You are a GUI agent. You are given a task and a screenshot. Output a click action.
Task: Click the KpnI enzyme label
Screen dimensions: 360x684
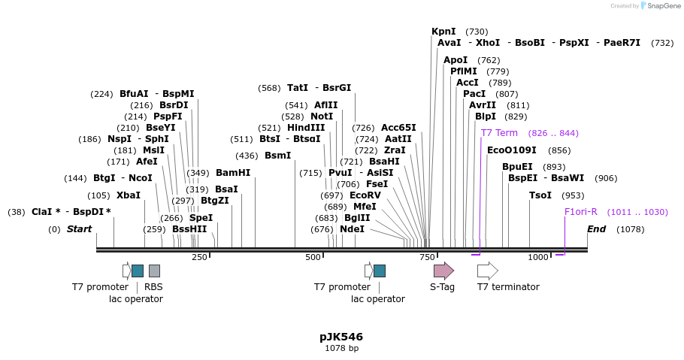click(443, 32)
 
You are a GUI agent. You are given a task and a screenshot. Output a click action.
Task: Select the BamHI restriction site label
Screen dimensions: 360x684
click(233, 173)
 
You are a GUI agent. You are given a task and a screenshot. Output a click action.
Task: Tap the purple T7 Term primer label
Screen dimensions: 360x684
click(499, 133)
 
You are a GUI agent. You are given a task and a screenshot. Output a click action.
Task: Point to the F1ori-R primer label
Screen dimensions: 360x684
click(581, 212)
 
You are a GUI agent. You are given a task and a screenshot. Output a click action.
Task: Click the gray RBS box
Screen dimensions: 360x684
click(154, 271)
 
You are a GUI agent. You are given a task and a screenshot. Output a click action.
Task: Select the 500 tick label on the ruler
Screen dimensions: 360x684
click(313, 258)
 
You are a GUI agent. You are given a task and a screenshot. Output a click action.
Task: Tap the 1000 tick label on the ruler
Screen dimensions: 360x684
click(538, 258)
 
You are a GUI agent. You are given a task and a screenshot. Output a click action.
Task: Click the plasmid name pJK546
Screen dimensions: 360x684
click(341, 337)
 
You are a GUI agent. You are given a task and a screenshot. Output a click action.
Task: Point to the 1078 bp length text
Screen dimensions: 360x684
click(341, 349)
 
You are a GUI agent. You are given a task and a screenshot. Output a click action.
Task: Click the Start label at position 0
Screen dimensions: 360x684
click(79, 229)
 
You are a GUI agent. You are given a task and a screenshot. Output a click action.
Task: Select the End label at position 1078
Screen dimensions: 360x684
click(597, 229)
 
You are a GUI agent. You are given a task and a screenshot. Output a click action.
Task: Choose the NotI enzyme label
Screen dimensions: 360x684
click(322, 116)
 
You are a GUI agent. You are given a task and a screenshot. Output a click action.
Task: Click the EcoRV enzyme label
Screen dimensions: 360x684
click(365, 195)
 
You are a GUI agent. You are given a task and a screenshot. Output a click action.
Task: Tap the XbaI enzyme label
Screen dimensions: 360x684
click(129, 195)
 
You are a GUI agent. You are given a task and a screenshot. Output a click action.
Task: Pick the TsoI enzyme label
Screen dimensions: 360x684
click(540, 195)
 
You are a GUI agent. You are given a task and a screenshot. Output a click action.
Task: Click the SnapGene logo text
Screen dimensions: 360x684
click(659, 6)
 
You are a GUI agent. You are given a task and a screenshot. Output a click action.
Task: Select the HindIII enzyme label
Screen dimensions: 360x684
click(306, 128)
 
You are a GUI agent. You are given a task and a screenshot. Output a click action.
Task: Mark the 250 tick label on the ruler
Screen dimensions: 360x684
click(199, 258)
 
